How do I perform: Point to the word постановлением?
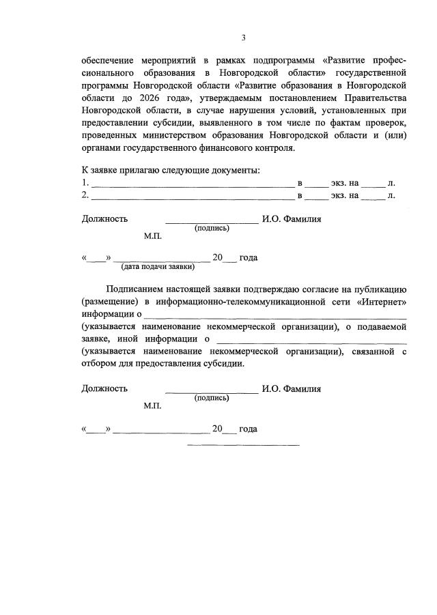305,98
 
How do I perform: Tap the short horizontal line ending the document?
243,446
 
